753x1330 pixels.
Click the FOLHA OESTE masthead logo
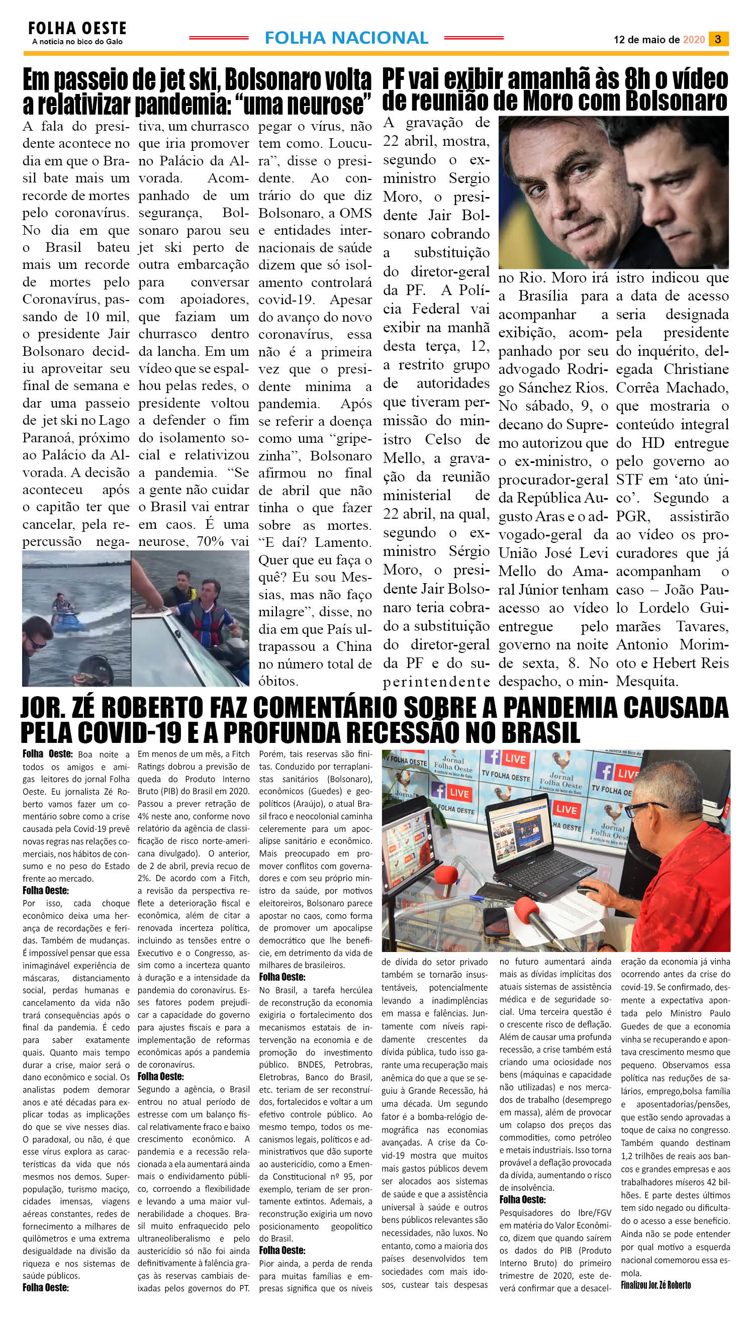tap(77, 29)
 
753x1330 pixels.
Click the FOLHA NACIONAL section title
tap(346, 38)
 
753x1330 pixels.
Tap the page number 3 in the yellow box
tap(718, 39)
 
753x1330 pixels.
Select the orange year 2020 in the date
tap(694, 40)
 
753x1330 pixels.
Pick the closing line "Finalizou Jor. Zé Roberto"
tap(656, 1284)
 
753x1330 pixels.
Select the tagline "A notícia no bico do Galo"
tap(77, 42)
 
